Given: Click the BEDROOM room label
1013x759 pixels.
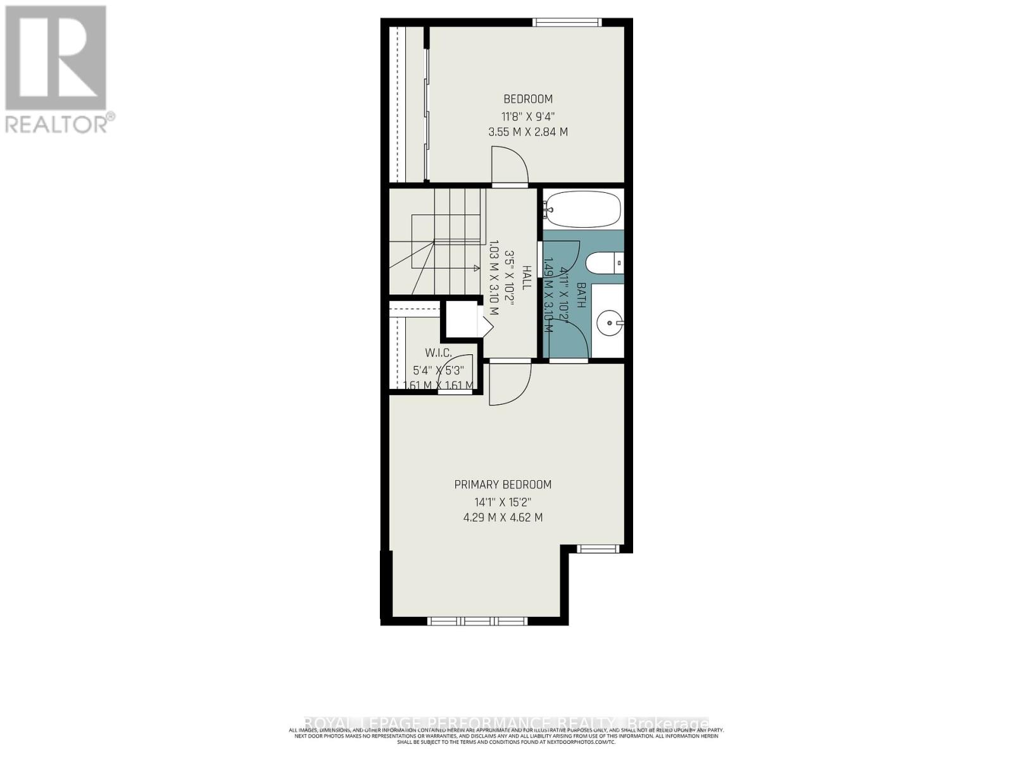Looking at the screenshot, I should point(527,99).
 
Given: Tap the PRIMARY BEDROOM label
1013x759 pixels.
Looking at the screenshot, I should point(503,484).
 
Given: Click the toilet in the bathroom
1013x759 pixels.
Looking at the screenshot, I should point(604,262).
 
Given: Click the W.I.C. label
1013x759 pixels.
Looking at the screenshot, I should point(438,353).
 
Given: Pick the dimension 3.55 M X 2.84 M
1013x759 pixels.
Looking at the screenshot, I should point(527,132).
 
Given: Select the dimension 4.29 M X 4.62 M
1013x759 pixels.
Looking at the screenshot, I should point(503,517).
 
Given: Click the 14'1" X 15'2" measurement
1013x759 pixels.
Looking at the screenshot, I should point(503,502).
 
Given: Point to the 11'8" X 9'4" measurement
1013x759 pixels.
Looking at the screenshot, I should point(527,116).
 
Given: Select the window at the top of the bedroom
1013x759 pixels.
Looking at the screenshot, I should point(567,23).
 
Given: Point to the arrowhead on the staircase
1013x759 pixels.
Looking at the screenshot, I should point(476,268).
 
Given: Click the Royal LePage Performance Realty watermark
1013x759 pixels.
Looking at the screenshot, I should point(507,723).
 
